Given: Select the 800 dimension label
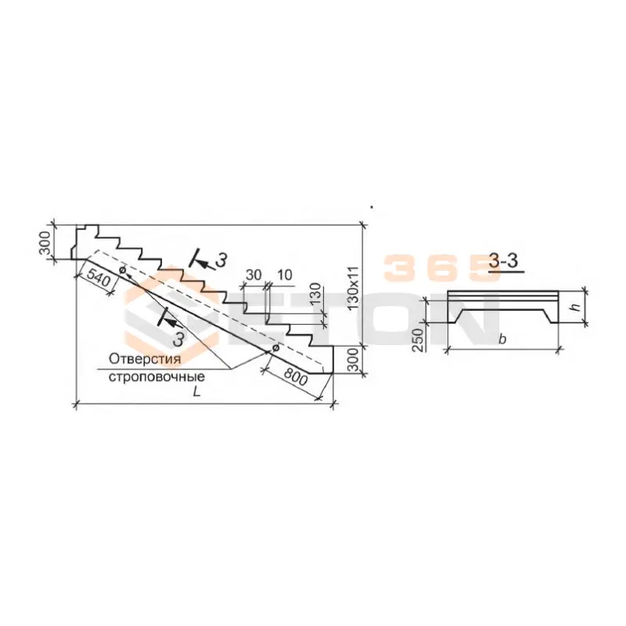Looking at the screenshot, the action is (295, 377).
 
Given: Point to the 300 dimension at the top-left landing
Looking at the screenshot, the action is (45, 243).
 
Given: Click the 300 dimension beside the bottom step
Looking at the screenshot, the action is (354, 360).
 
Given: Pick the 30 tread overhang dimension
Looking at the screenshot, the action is (254, 275).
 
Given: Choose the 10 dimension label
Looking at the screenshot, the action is (284, 275).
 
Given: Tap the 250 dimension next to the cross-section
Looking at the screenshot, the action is (418, 340).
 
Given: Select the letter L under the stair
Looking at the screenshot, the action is (196, 392).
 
